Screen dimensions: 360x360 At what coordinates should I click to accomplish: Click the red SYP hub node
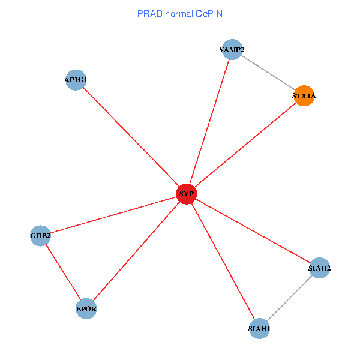point(187,193)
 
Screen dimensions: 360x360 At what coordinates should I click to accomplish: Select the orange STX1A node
point(304,96)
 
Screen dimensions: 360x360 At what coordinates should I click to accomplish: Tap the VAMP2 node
point(231,50)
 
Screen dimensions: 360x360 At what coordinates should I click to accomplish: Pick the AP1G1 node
point(76,80)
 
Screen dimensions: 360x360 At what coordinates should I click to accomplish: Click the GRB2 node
point(40,236)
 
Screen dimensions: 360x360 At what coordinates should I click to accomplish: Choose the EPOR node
point(86,309)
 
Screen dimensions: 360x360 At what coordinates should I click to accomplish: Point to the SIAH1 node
point(259,328)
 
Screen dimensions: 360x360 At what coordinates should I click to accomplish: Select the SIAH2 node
point(319,268)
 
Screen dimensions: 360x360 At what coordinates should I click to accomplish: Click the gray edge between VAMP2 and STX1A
point(268,73)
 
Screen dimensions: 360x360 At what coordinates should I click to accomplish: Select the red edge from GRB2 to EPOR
point(63,272)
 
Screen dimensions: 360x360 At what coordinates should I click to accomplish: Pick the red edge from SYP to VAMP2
point(209,122)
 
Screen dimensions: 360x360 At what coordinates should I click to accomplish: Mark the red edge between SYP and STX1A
point(245,145)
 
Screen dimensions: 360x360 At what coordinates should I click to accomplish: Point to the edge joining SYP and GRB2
point(113,214)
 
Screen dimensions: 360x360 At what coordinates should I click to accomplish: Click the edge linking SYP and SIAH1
point(223,260)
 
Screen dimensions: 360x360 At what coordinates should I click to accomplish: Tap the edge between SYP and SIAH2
point(253,230)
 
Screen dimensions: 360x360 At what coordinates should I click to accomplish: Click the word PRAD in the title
point(148,13)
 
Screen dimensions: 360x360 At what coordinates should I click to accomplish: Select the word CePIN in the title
point(208,13)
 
